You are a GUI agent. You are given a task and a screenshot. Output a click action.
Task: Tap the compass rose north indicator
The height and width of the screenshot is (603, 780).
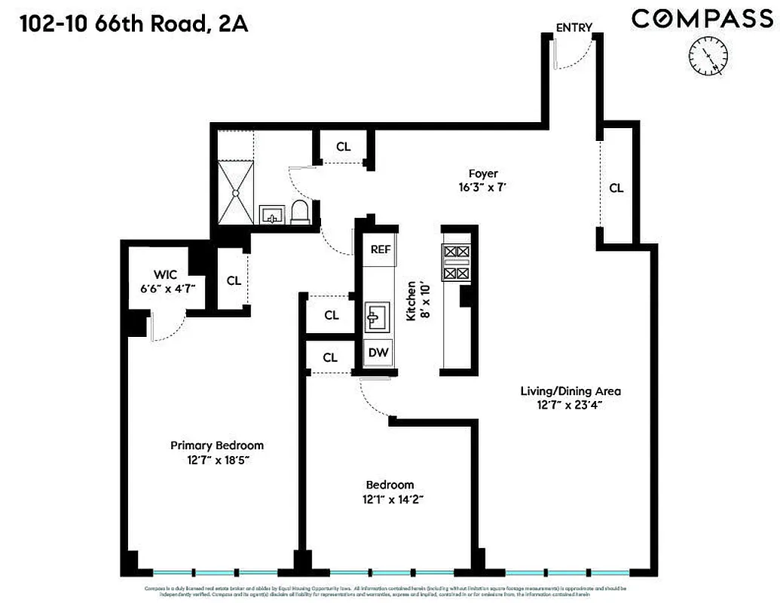708,56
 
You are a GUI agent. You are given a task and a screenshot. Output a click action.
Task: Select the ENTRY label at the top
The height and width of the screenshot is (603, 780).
574,28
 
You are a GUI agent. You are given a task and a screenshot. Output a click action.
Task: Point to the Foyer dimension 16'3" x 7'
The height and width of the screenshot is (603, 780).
482,188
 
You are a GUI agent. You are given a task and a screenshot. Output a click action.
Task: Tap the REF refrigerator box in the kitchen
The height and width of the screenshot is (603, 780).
378,249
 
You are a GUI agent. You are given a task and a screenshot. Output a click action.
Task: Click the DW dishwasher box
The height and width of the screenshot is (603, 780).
378,353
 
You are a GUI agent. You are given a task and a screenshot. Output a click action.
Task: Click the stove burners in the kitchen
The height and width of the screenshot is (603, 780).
457,263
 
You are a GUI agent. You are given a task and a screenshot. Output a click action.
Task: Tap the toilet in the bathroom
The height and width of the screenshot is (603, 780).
300,213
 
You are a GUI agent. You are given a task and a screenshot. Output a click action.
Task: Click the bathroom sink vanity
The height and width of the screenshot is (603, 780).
271,215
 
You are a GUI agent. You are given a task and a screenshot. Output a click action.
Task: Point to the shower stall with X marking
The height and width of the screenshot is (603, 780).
238,194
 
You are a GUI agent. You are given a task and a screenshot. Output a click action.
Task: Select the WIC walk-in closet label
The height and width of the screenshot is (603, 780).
165,274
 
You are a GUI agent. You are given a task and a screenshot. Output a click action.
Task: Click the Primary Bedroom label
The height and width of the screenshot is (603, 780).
216,445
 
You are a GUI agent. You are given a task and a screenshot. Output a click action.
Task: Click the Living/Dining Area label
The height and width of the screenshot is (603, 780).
570,391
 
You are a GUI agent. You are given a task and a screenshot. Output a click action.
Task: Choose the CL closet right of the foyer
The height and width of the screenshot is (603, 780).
616,188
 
